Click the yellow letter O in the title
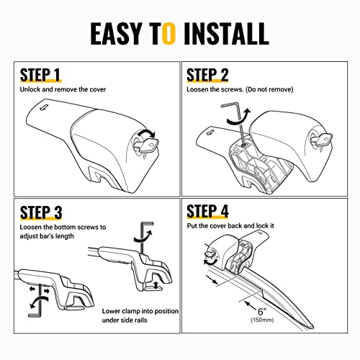tap(169, 34)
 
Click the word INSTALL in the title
tap(226, 34)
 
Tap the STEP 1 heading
tap(40, 75)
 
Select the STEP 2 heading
tap(207, 75)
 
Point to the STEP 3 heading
tap(41, 212)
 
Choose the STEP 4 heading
tap(207, 211)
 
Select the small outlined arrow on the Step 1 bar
tap(44, 107)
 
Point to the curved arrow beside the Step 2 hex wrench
tap(239, 117)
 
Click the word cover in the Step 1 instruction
tap(98, 89)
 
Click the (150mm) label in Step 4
tap(262, 320)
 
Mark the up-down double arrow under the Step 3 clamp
tap(156, 285)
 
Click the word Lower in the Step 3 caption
tap(111, 311)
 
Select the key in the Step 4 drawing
tap(210, 254)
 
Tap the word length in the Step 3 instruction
tap(65, 236)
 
